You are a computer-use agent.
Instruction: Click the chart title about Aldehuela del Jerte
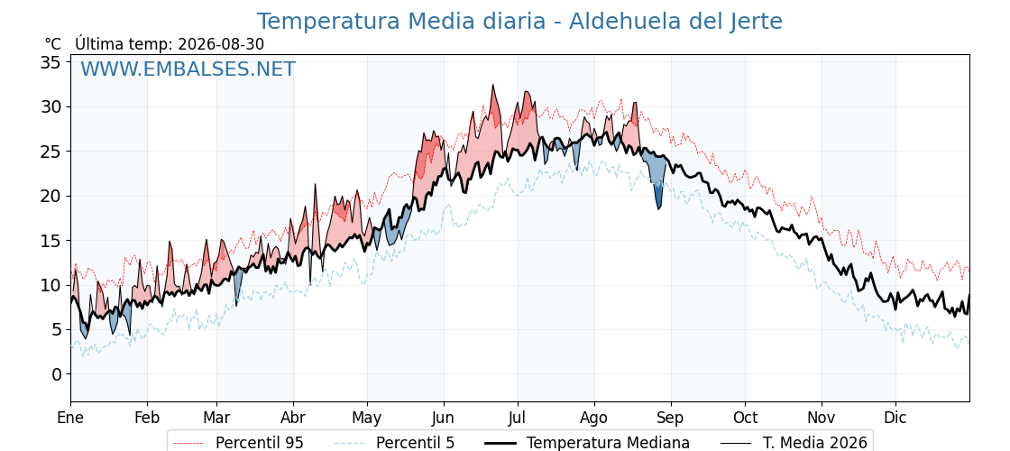point(519,22)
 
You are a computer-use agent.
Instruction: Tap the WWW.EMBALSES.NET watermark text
point(188,69)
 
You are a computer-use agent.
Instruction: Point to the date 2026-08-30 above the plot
point(221,44)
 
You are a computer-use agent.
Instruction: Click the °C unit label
point(53,44)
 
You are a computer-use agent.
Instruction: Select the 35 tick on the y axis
point(50,62)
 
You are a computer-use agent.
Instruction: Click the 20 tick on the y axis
point(50,196)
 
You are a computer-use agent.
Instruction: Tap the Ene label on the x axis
point(70,418)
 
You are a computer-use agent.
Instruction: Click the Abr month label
point(293,418)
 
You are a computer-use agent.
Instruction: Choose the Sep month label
point(671,418)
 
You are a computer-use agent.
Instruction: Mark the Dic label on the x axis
point(895,418)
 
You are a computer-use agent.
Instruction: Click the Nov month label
point(822,418)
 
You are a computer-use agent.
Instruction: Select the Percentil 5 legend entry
point(394,443)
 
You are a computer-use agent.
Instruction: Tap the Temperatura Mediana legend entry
point(585,443)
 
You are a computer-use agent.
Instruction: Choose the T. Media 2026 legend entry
point(794,443)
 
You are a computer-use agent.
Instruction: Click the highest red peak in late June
point(492,85)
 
